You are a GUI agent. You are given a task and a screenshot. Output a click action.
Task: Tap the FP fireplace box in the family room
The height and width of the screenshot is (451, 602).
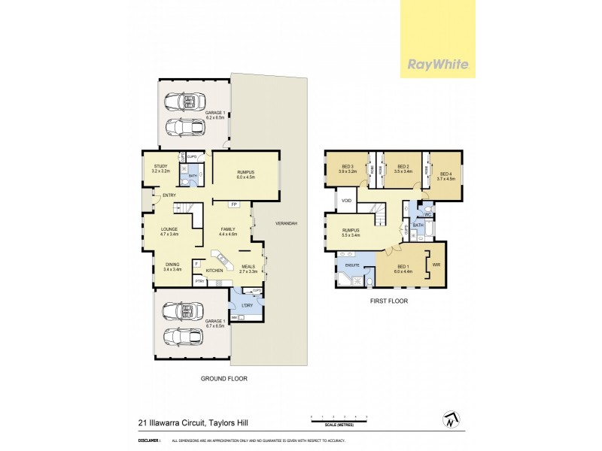235,204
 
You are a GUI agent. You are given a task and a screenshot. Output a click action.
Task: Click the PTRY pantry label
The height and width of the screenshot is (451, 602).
199,281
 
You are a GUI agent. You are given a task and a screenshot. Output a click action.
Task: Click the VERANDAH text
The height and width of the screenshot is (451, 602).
285,224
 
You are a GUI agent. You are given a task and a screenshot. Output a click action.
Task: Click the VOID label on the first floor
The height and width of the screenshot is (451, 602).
347,201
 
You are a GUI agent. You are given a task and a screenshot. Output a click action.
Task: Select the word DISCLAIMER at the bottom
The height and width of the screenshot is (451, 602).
150,440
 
